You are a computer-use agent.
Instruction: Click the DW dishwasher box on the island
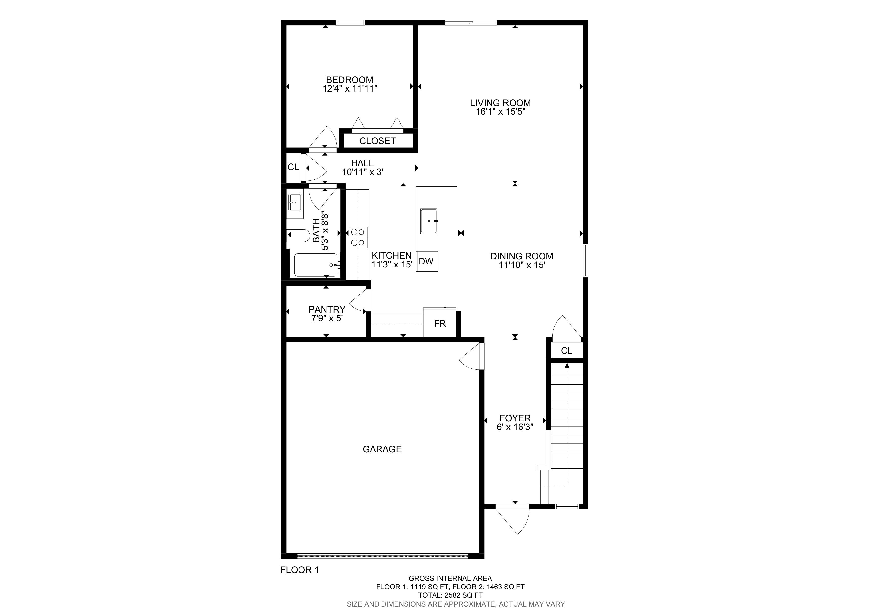click(427, 261)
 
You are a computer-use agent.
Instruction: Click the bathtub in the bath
click(316, 265)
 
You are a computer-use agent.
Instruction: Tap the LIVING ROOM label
click(500, 103)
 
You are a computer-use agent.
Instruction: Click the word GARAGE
click(382, 449)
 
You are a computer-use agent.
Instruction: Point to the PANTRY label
click(327, 309)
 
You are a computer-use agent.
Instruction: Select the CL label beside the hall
click(293, 167)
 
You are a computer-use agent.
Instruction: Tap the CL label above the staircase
click(567, 351)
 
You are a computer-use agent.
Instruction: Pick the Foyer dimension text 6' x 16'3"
click(515, 427)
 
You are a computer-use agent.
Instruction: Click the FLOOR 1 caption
click(300, 570)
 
